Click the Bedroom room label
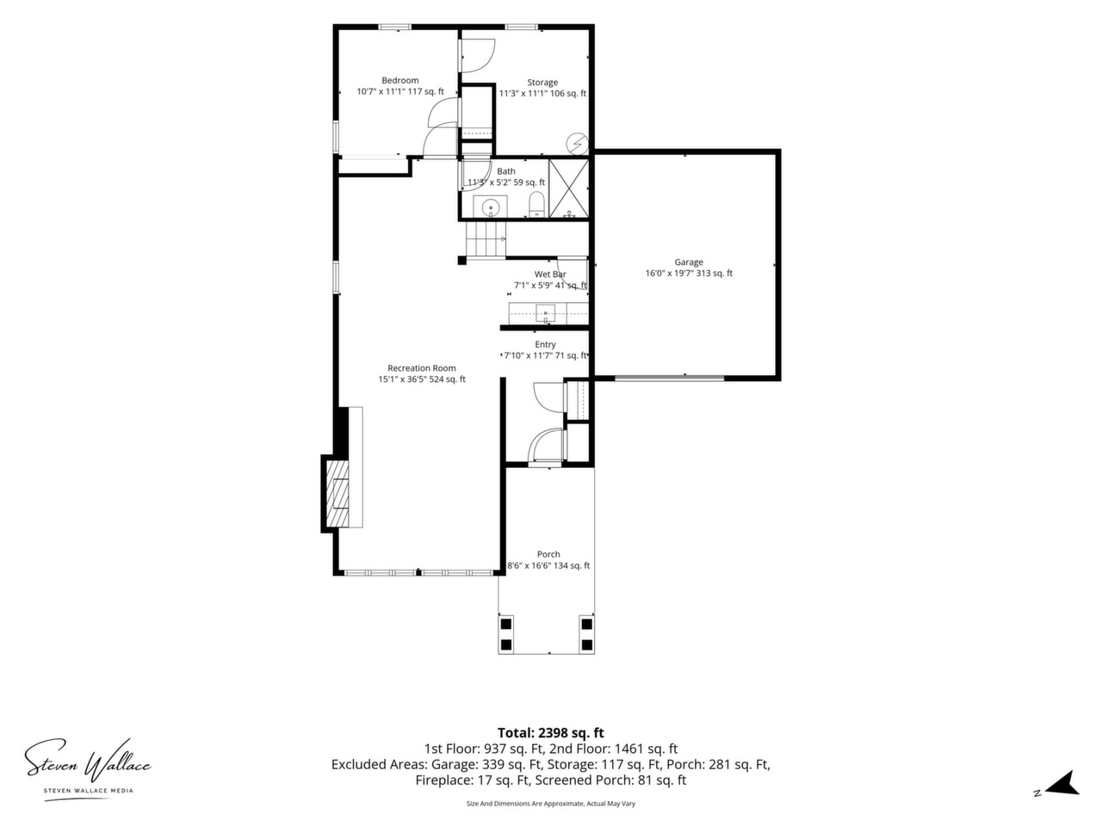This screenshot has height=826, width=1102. (x=399, y=80)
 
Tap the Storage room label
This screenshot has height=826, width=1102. (x=542, y=83)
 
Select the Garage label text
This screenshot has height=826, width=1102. (x=688, y=262)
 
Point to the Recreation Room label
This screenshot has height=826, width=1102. (x=421, y=368)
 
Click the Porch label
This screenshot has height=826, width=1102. (x=548, y=554)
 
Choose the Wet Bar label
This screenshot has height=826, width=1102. (x=550, y=274)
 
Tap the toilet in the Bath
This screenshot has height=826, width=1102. (x=536, y=205)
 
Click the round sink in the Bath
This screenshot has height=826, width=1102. (x=490, y=207)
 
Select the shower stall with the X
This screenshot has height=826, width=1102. (x=569, y=188)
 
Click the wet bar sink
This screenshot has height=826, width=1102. (x=545, y=313)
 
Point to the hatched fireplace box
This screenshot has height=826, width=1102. (x=337, y=494)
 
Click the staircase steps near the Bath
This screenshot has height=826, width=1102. (x=486, y=239)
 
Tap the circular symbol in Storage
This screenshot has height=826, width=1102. (x=577, y=144)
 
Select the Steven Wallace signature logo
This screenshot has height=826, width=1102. (x=87, y=770)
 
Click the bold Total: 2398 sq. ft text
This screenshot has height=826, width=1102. (x=551, y=733)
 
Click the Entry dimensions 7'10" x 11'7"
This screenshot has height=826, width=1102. (x=528, y=355)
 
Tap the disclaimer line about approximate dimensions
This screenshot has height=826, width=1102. (x=551, y=804)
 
